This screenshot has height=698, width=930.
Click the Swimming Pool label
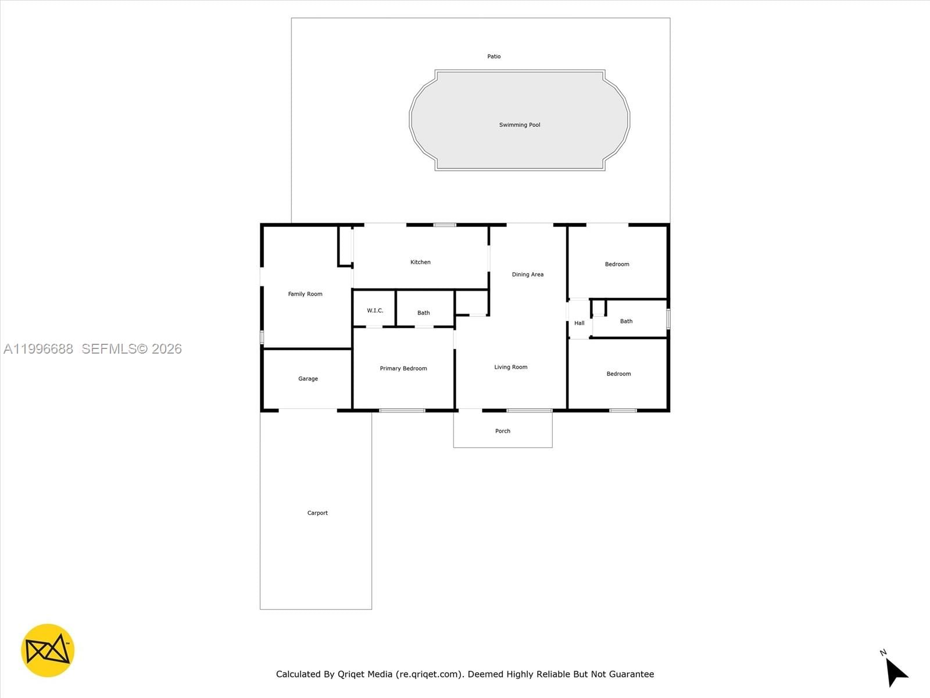click(x=520, y=125)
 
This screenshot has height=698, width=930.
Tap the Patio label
click(x=494, y=56)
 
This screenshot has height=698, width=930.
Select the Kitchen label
click(x=420, y=262)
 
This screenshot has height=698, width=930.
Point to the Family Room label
click(x=305, y=294)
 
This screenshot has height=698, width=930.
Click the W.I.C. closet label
click(x=375, y=311)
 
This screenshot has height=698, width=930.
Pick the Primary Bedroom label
click(x=403, y=369)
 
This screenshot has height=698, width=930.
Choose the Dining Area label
click(x=528, y=275)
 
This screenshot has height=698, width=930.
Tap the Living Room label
click(x=511, y=367)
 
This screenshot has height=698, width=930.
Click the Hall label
click(x=580, y=323)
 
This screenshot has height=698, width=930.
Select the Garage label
click(x=308, y=379)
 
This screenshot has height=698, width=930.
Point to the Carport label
click(x=317, y=513)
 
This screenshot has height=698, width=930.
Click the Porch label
click(x=503, y=431)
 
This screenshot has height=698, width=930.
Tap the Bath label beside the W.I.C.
click(x=424, y=313)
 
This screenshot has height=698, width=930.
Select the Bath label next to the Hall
click(x=626, y=321)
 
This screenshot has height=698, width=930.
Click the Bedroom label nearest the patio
click(x=617, y=264)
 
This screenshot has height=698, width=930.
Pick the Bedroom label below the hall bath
click(x=618, y=374)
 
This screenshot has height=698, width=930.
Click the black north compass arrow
click(x=896, y=672)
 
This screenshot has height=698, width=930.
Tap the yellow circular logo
click(x=48, y=650)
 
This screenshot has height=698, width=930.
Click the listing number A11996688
click(x=38, y=349)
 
